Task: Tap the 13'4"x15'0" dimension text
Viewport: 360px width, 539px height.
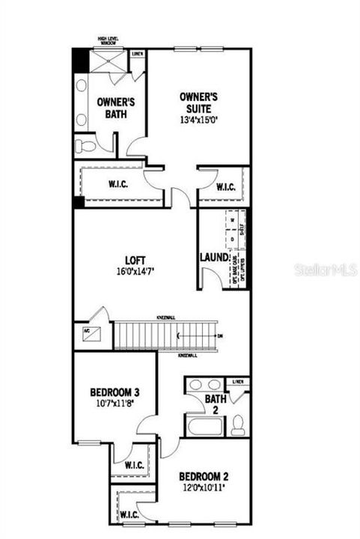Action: coord(198,119)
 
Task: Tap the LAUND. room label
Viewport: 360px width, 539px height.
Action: coord(213,258)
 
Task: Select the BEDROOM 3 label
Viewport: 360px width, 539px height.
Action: coord(115,392)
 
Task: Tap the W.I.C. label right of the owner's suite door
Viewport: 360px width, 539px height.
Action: coord(227,187)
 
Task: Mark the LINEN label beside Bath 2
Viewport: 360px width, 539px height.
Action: coord(239,383)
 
